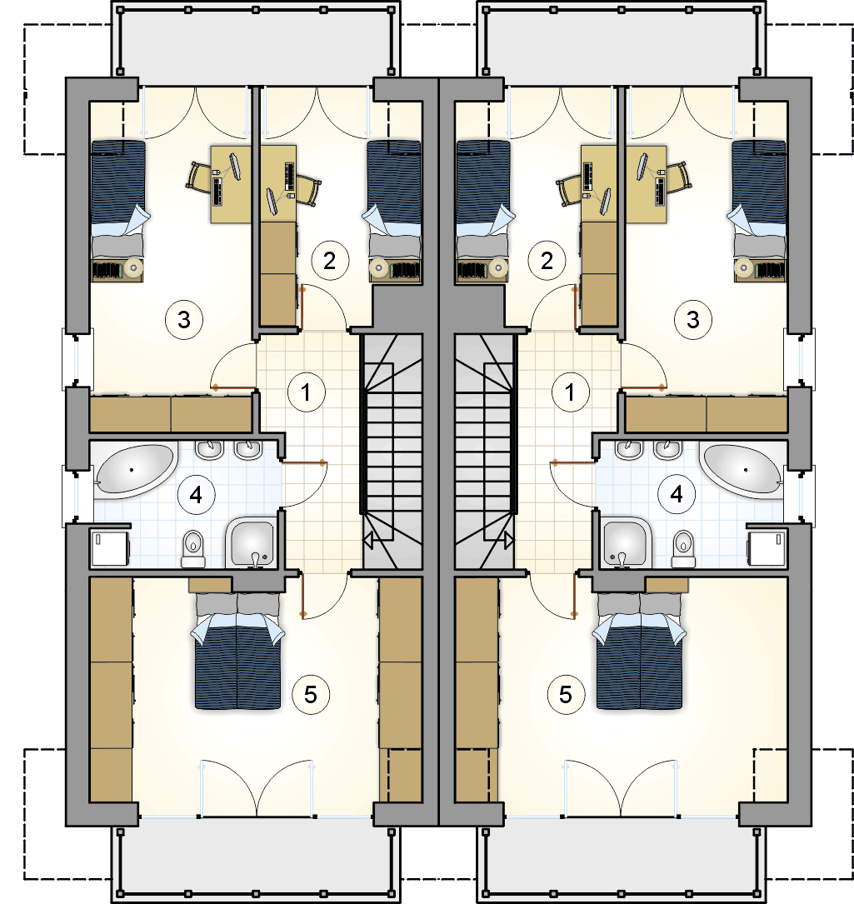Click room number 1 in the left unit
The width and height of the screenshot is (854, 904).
pos(307,392)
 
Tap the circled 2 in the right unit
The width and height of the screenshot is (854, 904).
pos(547,261)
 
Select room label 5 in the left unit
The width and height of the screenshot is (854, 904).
pos(311,695)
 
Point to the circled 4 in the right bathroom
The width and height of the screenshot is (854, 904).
pos(677,494)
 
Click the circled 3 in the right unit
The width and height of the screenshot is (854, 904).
pos(693,319)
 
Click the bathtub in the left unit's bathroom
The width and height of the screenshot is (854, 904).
pos(136,471)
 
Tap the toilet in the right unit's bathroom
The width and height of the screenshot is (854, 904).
pos(683,548)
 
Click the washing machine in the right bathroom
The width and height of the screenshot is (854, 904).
pos(767,548)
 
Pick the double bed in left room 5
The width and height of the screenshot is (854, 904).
pos(237,651)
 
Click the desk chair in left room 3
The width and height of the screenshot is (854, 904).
pos(199,176)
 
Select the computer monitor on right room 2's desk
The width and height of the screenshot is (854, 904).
pos(604,201)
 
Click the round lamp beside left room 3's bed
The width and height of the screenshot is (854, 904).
pos(134,267)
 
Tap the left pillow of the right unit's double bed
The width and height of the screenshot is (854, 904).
pos(618,605)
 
